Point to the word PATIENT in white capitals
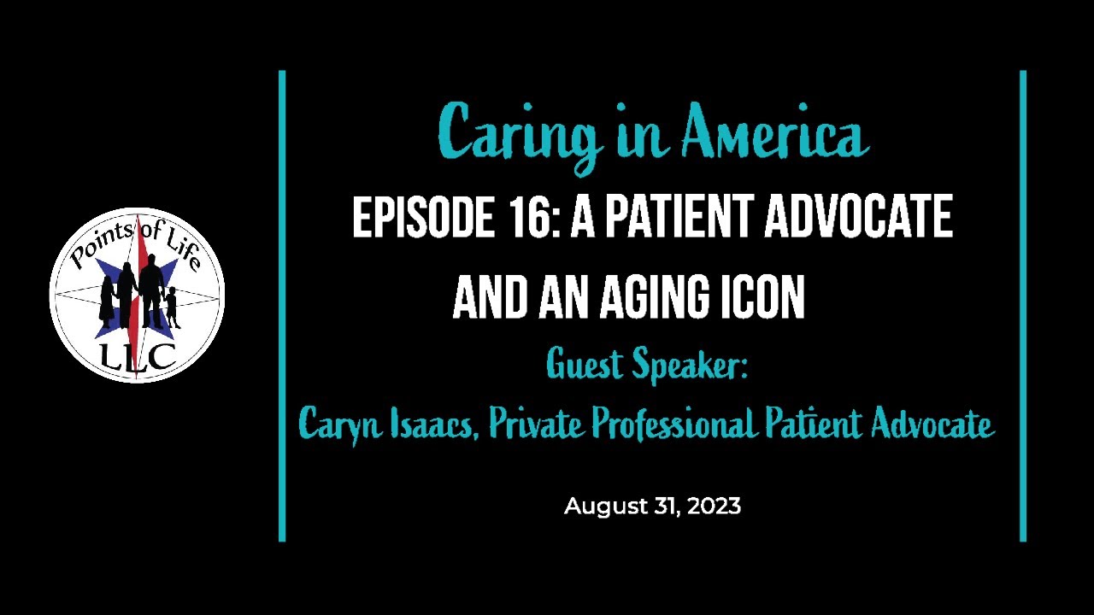click(x=679, y=219)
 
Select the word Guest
click(x=585, y=366)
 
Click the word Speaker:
click(x=691, y=366)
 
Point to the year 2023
click(x=714, y=507)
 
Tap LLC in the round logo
click(x=137, y=356)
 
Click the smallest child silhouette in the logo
click(x=172, y=307)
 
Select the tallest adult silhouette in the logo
click(x=151, y=291)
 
